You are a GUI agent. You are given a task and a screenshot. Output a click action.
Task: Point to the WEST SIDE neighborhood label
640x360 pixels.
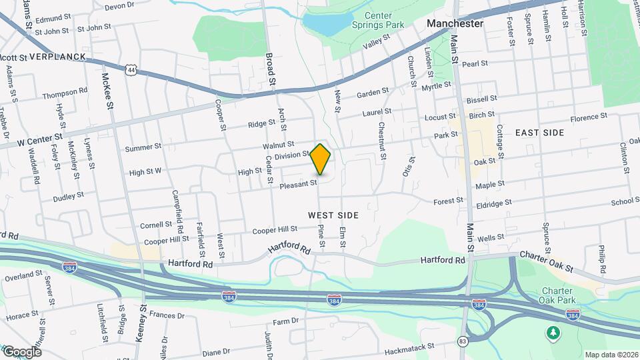point(333,215)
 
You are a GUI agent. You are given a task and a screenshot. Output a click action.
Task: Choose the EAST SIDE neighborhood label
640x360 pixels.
point(540,133)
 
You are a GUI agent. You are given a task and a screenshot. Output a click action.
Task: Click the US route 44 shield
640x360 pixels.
point(133,69)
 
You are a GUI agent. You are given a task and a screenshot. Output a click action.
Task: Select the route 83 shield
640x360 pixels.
point(463,341)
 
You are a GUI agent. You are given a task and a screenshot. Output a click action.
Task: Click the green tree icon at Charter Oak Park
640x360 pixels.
point(552,332)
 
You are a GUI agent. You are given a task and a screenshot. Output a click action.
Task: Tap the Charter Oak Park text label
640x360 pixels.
point(557,296)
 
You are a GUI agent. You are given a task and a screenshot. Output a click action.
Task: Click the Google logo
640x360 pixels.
point(22,351)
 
